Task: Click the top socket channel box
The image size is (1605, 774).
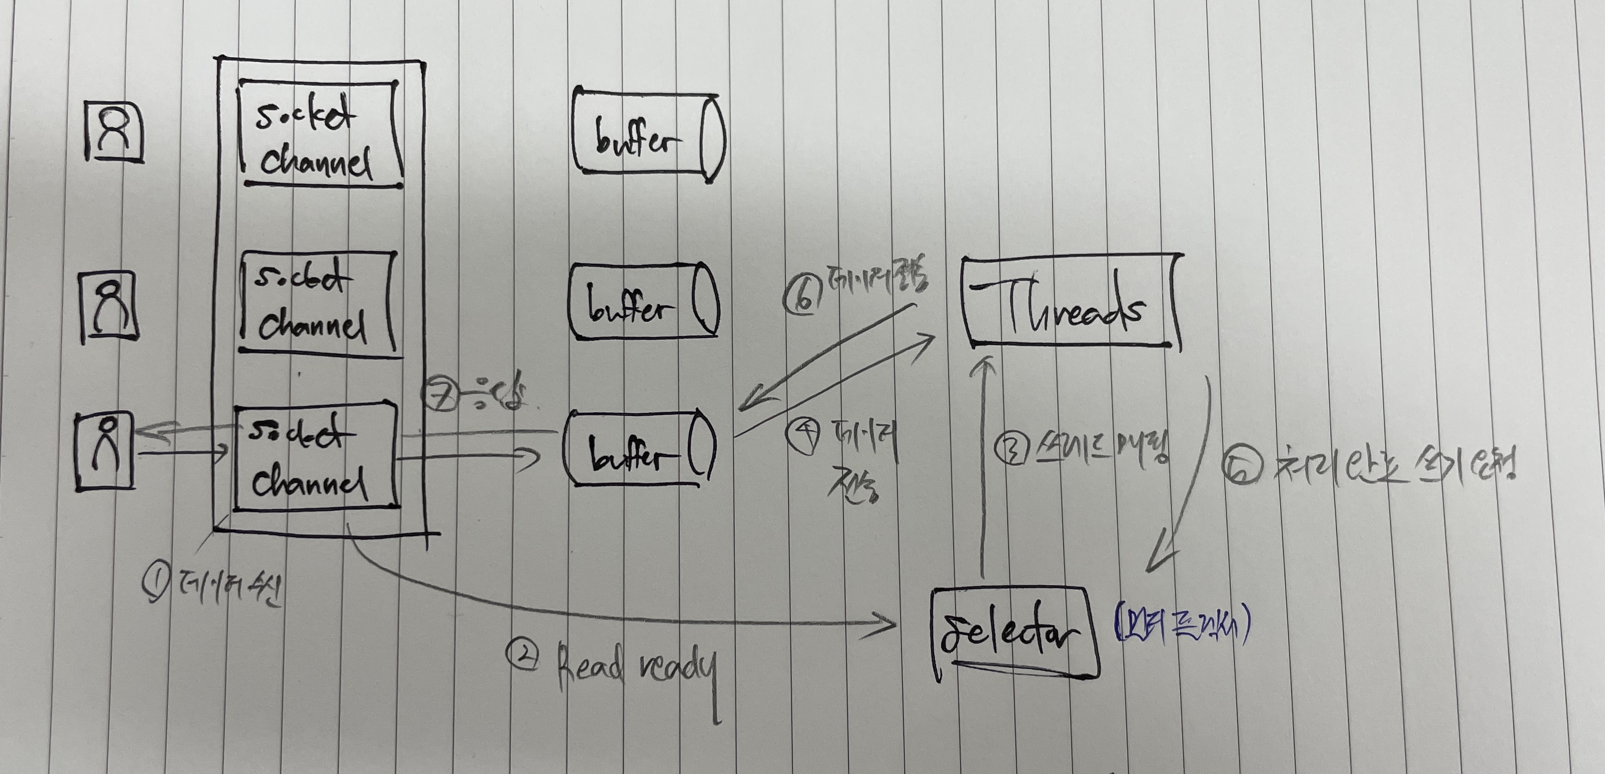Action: (x=319, y=134)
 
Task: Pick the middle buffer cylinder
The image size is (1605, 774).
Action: (x=643, y=301)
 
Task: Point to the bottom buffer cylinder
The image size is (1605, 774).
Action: (x=639, y=447)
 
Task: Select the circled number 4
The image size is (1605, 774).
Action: (x=804, y=435)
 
